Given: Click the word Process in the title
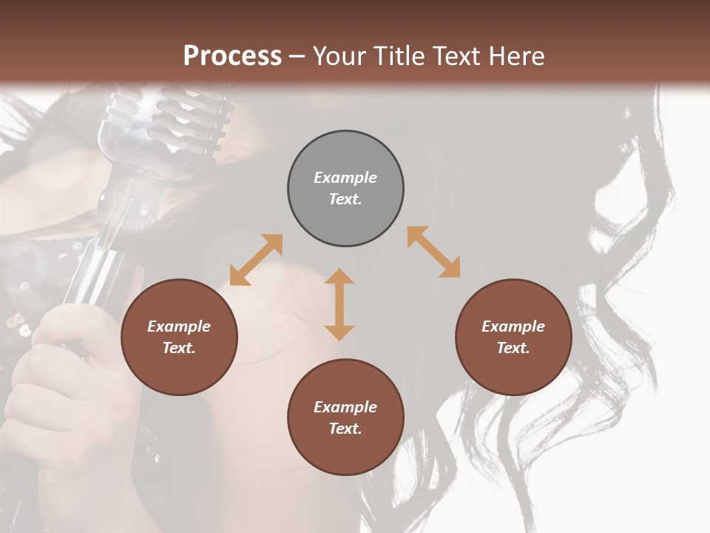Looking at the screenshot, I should point(232,56).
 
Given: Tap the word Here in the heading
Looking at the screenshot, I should point(515,56).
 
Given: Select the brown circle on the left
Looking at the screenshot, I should point(179,337).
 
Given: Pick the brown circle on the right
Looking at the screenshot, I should point(513,337).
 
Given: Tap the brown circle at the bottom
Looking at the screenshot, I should point(345,417).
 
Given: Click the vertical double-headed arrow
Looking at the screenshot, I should point(339,304).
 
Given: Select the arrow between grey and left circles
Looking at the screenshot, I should point(256,260).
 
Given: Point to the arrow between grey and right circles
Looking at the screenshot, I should point(434,252).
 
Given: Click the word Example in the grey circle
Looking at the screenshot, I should point(345,178).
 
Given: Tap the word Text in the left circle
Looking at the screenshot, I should point(179,348).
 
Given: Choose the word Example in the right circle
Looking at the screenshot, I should point(513,326).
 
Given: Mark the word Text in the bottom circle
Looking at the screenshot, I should point(345,429).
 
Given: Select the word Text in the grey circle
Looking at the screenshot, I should point(345,199).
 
